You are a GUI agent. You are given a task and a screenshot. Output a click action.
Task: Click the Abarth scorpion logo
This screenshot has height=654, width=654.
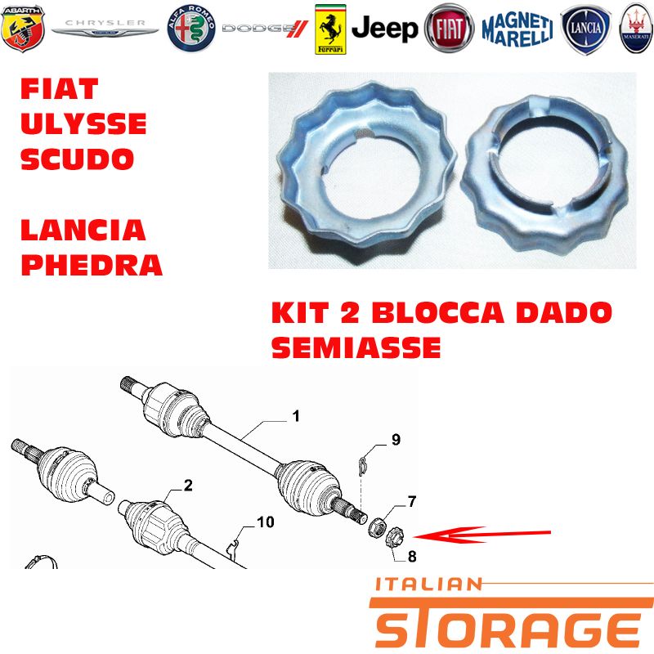click(x=23, y=29)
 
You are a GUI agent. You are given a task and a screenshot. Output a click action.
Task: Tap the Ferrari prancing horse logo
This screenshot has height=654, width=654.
click(x=330, y=29)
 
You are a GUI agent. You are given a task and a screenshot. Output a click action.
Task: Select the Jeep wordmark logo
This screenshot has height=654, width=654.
click(x=384, y=29)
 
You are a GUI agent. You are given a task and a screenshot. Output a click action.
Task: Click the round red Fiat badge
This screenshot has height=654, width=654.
click(x=449, y=29)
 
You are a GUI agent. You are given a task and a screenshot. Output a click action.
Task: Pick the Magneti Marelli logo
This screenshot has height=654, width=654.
click(x=517, y=29)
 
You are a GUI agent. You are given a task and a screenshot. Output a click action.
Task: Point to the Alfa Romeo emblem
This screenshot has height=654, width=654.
click(x=191, y=29)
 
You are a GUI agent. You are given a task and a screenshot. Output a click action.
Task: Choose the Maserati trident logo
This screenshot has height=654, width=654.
click(x=636, y=29)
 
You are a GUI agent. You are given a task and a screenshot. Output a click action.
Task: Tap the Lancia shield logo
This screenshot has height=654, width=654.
click(x=585, y=29)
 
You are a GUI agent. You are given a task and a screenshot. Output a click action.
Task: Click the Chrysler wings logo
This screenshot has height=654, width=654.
click(x=105, y=28)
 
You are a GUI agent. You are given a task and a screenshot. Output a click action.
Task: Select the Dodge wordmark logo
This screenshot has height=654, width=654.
click(x=265, y=29)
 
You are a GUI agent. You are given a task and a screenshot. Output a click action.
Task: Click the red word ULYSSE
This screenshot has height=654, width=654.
click(x=83, y=123)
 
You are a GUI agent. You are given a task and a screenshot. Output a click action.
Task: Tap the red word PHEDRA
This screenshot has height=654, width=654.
click(x=92, y=264)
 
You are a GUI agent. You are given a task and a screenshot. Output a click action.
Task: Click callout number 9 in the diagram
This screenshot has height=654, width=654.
click(x=396, y=440)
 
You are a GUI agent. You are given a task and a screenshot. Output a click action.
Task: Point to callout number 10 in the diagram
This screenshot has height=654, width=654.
click(x=265, y=522)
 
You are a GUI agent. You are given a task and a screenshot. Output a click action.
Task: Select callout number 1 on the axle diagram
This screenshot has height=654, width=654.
click(x=296, y=416)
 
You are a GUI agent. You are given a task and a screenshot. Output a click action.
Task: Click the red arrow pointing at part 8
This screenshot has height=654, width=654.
click(x=482, y=535)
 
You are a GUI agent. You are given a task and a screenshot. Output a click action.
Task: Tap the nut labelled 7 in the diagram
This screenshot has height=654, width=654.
click(x=377, y=526)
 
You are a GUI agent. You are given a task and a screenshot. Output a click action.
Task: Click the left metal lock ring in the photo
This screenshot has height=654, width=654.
click(x=368, y=167)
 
